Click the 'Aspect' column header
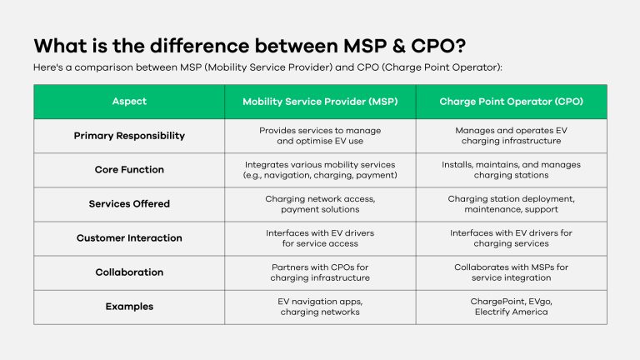pos(129,102)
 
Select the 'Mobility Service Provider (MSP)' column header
pos(320,102)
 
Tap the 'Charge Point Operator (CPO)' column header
pos(511,102)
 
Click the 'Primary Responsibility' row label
pos(129,136)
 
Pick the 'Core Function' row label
pos(129,170)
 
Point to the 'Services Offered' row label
pos(129,204)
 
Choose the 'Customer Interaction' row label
pos(129,238)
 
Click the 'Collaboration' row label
pos(129,272)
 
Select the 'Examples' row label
pos(129,307)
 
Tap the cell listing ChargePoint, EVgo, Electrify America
pos(511,307)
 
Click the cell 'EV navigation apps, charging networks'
pos(320,307)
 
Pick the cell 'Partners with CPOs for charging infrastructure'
pos(320,272)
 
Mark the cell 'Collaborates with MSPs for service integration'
pos(511,272)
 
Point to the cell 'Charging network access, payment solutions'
pos(320,204)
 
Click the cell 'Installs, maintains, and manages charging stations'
pos(511,170)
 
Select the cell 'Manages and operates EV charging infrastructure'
pos(511,136)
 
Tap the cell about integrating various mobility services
pos(320,170)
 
